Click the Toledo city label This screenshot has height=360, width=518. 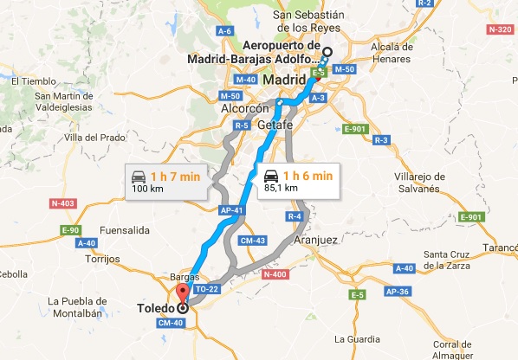(x=155, y=307)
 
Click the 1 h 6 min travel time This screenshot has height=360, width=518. (x=308, y=175)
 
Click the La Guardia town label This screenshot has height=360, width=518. (x=357, y=337)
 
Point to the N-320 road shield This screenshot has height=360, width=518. (x=500, y=29)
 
